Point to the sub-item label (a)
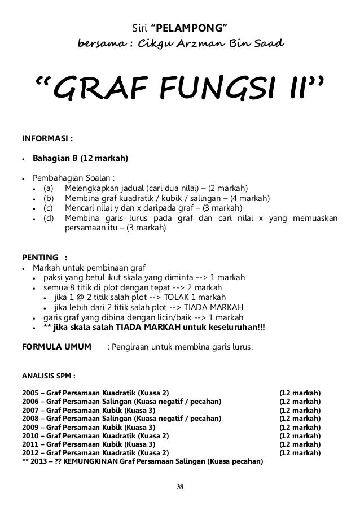pos(49,188)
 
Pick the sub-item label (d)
pos(49,218)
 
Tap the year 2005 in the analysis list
pos(29,392)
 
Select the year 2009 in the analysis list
pos(29,427)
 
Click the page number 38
pos(180,486)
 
